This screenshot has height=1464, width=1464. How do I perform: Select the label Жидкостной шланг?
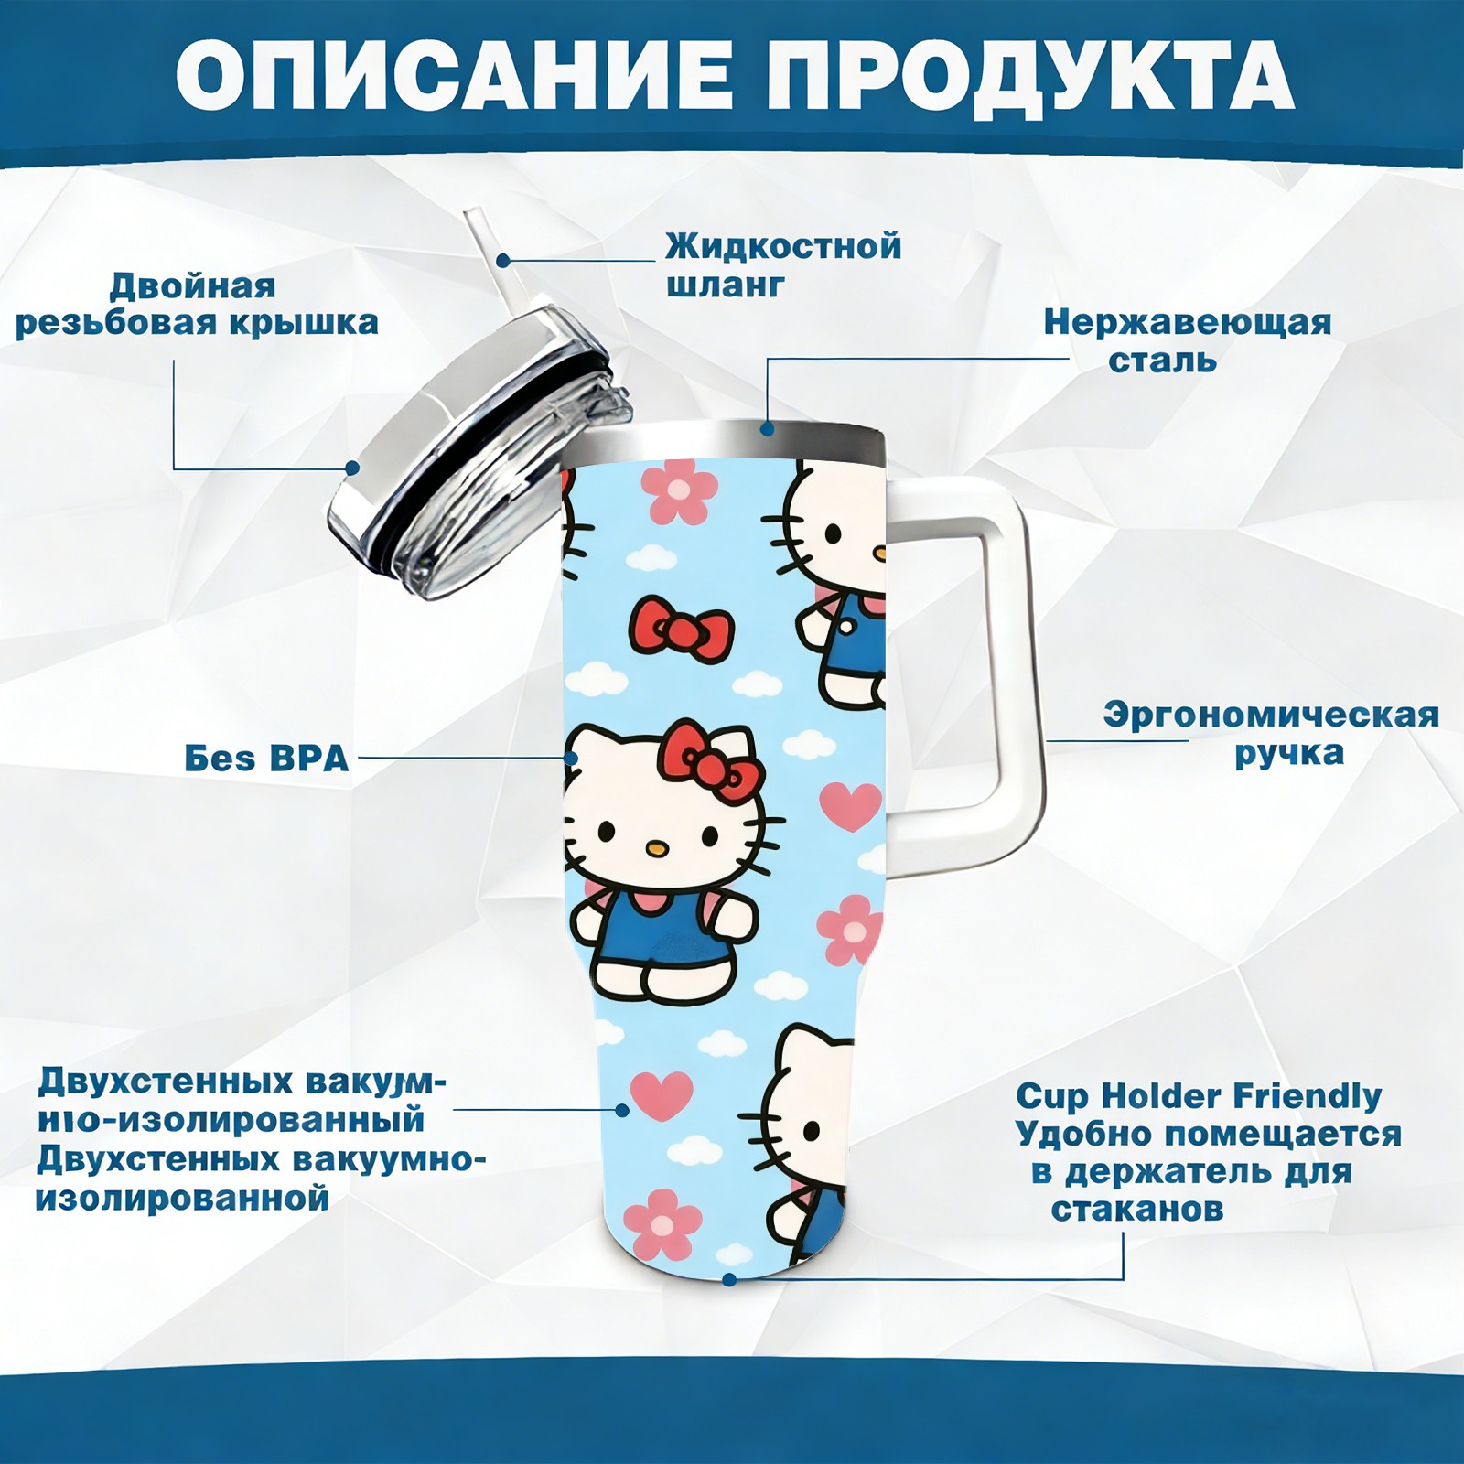click(783, 265)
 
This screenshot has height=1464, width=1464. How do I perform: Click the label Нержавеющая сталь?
click(1187, 340)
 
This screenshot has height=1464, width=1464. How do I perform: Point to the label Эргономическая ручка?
click(1272, 734)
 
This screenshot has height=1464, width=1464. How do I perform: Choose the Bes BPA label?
click(266, 759)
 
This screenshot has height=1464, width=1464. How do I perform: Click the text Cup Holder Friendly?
click(1199, 1095)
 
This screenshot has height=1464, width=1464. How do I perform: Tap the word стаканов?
click(1136, 1210)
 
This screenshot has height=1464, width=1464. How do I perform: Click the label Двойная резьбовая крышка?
click(196, 304)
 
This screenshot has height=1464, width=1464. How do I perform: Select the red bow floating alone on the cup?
click(681, 629)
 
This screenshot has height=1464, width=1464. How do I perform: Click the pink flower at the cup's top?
click(678, 490)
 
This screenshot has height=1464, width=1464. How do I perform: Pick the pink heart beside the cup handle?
click(850, 804)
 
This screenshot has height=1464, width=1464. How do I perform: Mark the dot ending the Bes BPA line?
click(571, 758)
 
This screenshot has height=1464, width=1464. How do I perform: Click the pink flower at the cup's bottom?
click(662, 1223)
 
